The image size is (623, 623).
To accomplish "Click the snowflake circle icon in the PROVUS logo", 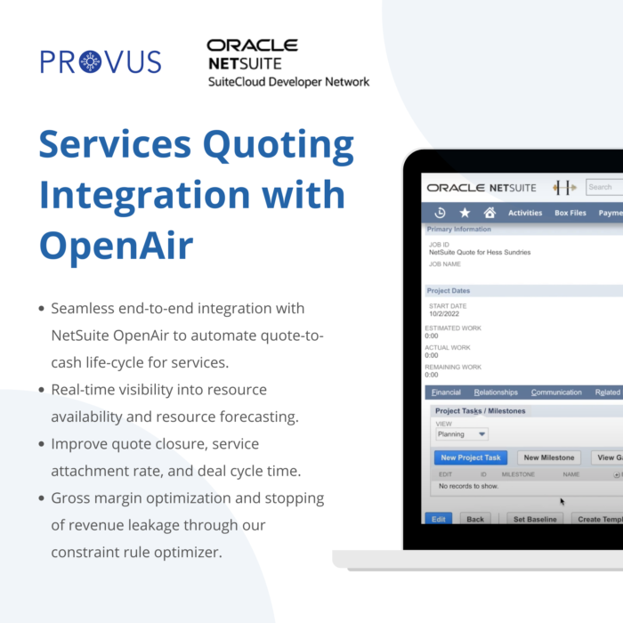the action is [x=91, y=61].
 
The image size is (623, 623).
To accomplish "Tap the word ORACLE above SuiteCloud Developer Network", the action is [x=252, y=45].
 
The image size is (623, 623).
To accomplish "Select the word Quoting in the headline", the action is [x=278, y=145].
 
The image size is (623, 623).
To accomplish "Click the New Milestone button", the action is [x=549, y=457].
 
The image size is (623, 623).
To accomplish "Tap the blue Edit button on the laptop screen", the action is [x=439, y=519].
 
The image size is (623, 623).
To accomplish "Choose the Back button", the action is [x=475, y=519].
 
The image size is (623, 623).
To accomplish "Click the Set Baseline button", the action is [x=535, y=519].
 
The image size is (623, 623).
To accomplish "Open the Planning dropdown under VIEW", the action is [x=462, y=434].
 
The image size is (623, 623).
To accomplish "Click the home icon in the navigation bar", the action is [x=489, y=213].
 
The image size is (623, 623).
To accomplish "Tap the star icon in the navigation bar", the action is [x=465, y=213].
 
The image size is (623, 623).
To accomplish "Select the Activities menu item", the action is [x=525, y=213].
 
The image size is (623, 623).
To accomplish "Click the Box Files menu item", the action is [x=570, y=213].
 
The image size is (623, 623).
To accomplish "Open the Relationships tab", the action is [x=496, y=392].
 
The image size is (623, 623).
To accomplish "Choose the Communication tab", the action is [x=556, y=392].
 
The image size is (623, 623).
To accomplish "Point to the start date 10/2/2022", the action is [x=444, y=314].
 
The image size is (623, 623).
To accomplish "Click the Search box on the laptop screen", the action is [x=604, y=187].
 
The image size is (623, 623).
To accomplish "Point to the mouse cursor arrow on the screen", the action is [x=562, y=501].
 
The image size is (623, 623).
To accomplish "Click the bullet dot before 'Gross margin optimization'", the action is [x=41, y=498].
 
